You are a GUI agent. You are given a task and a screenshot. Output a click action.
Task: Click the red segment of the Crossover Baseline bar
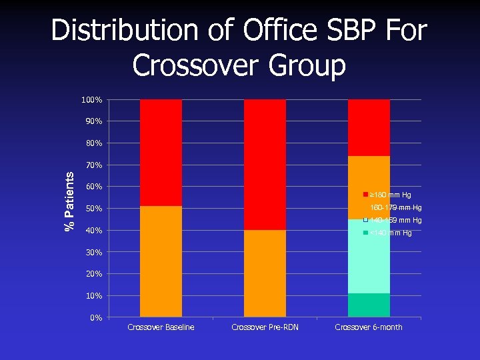pos(161,153)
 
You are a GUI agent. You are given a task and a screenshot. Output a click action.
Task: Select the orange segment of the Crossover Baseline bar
pos(161,261)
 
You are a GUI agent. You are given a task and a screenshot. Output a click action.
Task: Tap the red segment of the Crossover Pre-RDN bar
pos(265,165)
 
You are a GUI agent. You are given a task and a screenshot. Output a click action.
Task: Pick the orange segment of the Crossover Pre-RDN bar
pos(265,273)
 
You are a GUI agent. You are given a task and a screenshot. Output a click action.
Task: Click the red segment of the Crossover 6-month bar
pos(369,127)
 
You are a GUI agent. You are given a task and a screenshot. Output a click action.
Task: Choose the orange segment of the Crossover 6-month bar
pos(369,187)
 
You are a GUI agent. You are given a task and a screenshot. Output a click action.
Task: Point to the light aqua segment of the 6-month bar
pos(369,256)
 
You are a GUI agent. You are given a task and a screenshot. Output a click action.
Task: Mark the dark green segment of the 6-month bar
pos(369,305)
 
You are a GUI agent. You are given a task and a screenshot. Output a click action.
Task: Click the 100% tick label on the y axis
pos(91,100)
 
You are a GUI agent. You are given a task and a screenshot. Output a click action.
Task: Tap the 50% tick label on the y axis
pos(93,209)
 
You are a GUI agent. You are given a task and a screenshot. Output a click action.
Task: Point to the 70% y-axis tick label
pos(93,165)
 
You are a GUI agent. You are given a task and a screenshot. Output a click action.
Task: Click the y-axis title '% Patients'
pos(69,201)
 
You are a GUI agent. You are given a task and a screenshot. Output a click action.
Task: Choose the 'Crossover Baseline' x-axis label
pos(161,327)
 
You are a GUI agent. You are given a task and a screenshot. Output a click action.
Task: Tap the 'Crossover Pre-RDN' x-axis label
pos(265,327)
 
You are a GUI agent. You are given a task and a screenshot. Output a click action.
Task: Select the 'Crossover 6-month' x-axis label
pos(369,327)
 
